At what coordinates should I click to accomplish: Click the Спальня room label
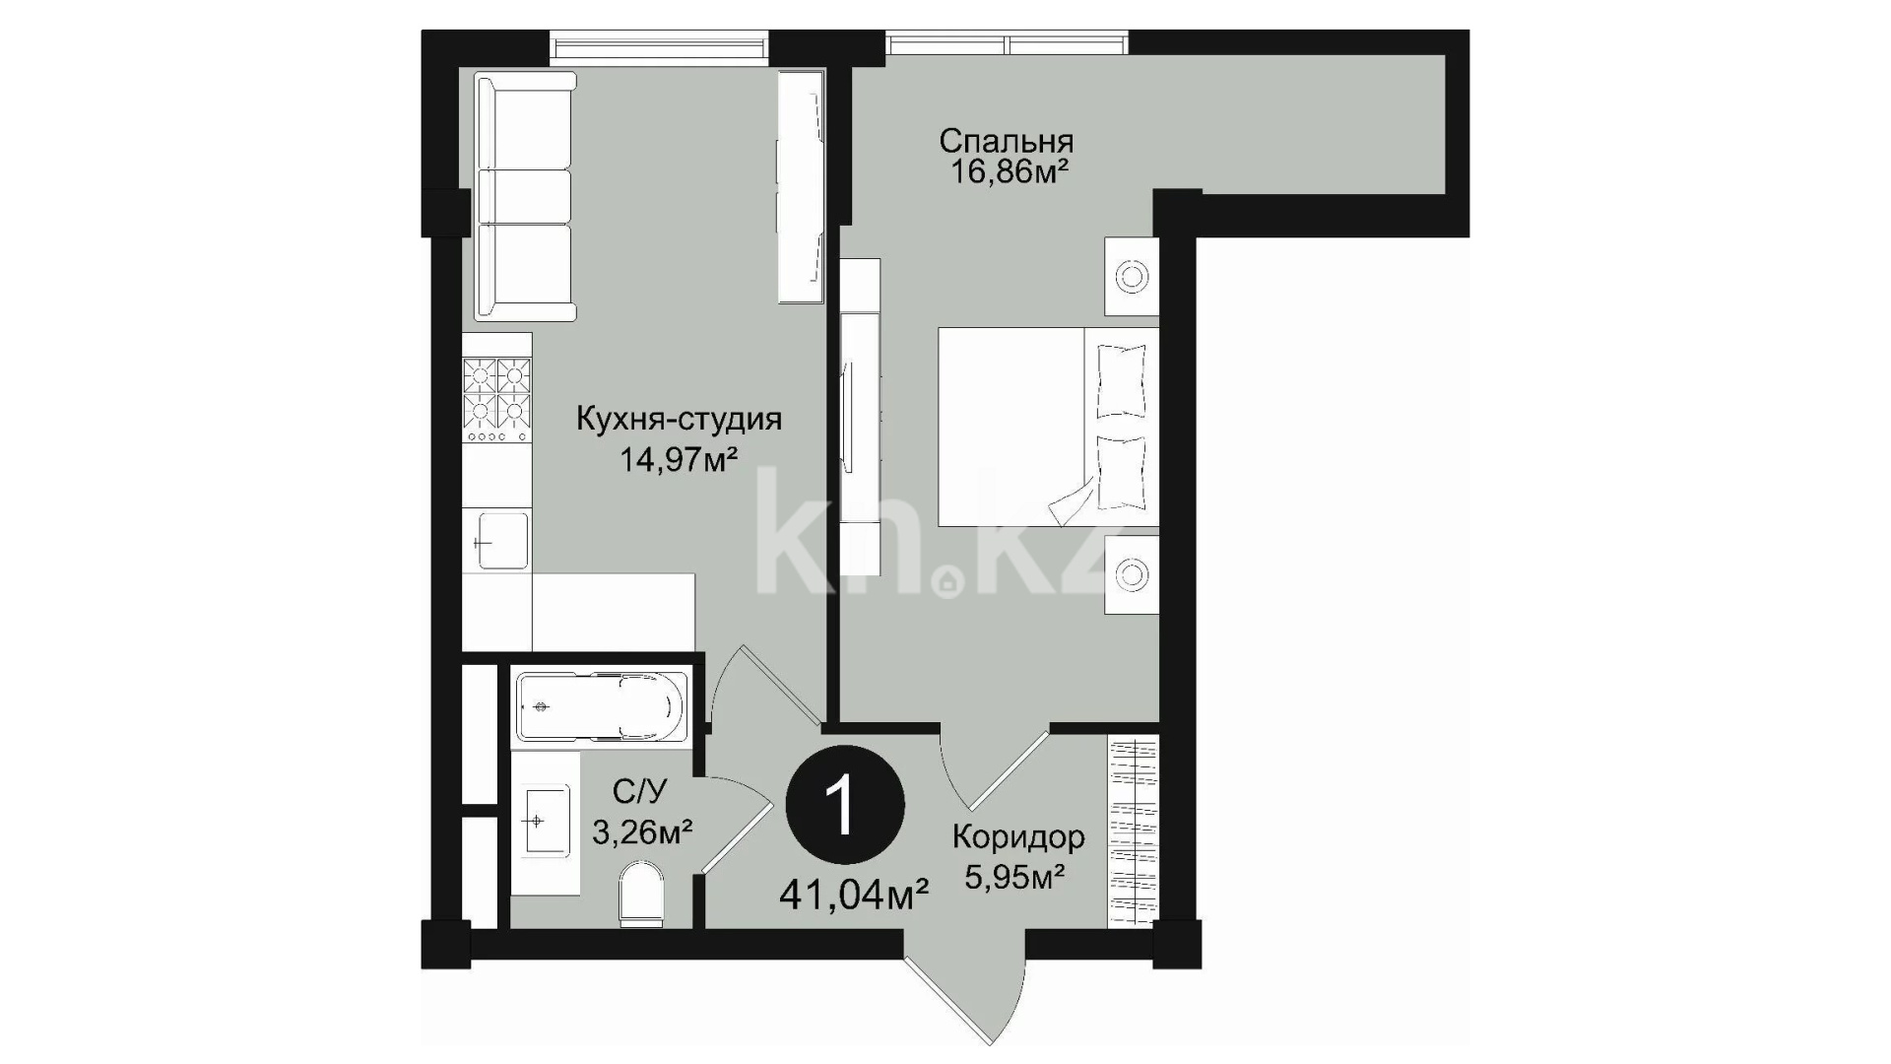[x=1006, y=141]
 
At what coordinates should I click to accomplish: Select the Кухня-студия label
[x=679, y=420]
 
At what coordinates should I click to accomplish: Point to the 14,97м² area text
[x=679, y=458]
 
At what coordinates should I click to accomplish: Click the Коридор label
[x=1018, y=837]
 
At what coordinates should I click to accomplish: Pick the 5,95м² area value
[x=1014, y=877]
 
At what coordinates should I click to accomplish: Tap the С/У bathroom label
[x=640, y=790]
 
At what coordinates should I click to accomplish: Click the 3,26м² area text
[x=642, y=832]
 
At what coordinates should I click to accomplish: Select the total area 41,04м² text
[x=855, y=896]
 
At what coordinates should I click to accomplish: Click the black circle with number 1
[x=845, y=806]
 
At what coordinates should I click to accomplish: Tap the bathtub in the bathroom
[x=601, y=706]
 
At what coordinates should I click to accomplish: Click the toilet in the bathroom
[x=641, y=896]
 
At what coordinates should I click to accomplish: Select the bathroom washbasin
[x=546, y=820]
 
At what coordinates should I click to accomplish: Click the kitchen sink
[x=501, y=541]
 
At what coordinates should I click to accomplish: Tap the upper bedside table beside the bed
[x=1132, y=277]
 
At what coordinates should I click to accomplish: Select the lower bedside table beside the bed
[x=1132, y=574]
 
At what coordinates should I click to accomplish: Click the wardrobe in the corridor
[x=1134, y=832]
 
